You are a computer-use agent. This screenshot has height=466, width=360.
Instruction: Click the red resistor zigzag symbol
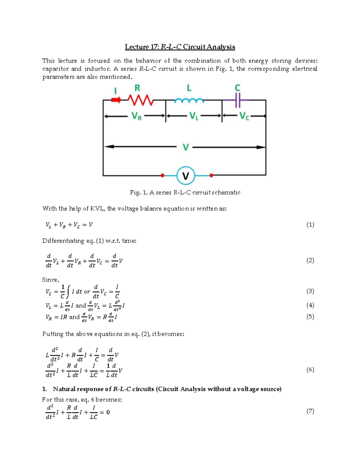point(141,100)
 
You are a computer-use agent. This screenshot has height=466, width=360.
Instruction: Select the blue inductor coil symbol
point(189,101)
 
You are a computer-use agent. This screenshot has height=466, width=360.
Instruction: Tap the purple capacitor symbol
point(238,100)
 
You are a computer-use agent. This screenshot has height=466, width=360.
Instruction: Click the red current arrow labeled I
point(116,100)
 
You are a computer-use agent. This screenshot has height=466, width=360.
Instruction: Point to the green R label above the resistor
point(137,88)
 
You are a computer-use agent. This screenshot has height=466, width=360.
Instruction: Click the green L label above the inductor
point(189,88)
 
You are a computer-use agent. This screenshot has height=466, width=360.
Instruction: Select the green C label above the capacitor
point(237,88)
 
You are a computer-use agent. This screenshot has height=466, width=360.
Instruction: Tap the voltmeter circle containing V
point(186,176)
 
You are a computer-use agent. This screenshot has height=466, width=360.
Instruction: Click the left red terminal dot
point(162,175)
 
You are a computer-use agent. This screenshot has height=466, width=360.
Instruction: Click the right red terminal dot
point(211,175)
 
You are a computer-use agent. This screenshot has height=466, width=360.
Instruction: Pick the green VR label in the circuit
point(136,116)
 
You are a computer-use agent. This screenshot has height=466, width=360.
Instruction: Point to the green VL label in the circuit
point(194,116)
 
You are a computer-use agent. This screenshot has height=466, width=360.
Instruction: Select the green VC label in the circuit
point(244,116)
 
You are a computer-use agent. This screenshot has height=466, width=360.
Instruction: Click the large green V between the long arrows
point(186,147)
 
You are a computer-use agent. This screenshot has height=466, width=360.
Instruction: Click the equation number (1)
point(310,225)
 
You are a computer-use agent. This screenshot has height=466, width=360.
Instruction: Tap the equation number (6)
point(310,370)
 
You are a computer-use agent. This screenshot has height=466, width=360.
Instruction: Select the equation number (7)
point(310,411)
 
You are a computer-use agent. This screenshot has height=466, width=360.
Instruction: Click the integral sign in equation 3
point(68,291)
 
